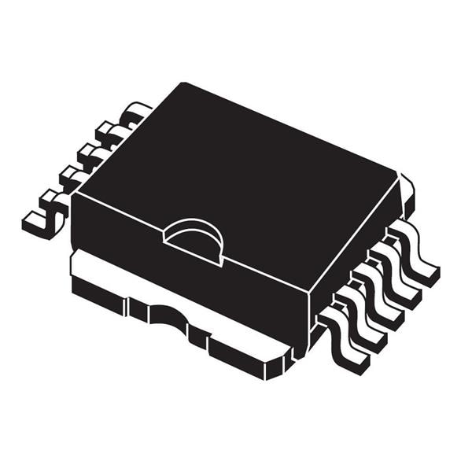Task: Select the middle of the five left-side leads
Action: (90, 157)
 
